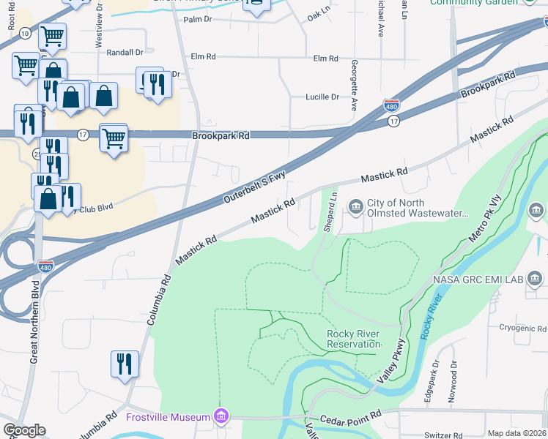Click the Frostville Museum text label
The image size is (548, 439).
point(168,417)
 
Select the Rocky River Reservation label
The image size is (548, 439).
point(353,339)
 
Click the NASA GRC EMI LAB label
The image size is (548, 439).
point(478,279)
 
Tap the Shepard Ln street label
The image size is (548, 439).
point(332,211)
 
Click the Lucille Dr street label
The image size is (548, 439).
point(322,97)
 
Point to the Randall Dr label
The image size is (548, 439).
point(125,53)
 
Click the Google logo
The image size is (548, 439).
point(24,430)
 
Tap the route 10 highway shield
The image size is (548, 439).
point(25,34)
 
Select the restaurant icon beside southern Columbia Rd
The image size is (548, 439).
point(124,364)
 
